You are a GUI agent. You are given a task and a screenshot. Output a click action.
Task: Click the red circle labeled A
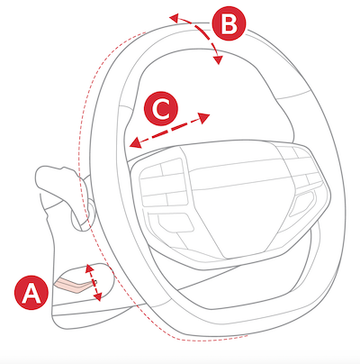pyautogui.click(x=31, y=293)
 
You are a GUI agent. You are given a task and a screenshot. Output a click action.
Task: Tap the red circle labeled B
pyautogui.click(x=229, y=23)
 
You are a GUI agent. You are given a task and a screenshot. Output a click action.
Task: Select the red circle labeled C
pyautogui.click(x=161, y=108)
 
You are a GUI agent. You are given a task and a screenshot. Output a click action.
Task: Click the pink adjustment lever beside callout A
pyautogui.click(x=75, y=285)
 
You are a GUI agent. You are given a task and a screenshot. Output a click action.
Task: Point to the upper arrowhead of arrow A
pyautogui.click(x=89, y=268)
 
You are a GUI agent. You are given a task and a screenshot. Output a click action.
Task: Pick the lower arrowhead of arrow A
pyautogui.click(x=97, y=296)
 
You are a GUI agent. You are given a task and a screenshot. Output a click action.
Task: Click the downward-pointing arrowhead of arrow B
pyautogui.click(x=218, y=59)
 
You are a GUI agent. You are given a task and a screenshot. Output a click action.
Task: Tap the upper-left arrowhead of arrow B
pyautogui.click(x=175, y=18)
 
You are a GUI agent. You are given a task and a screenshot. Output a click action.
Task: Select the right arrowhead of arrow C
pyautogui.click(x=204, y=117)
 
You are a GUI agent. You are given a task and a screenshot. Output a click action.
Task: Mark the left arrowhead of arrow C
pyautogui.click(x=135, y=142)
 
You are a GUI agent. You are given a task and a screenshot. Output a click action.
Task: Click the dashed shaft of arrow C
pyautogui.click(x=170, y=130)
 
